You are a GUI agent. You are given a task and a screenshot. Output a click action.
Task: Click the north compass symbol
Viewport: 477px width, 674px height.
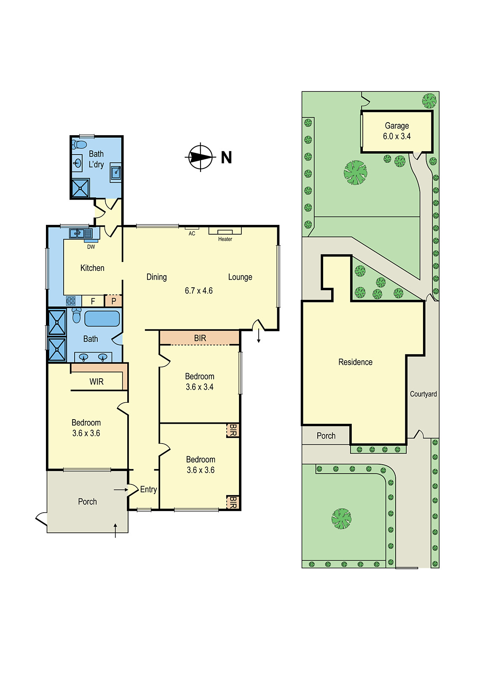201,157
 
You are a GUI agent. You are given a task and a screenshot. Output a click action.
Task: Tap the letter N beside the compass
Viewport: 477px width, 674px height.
226,157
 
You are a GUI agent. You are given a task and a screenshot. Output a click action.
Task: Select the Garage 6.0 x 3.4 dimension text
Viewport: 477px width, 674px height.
397,136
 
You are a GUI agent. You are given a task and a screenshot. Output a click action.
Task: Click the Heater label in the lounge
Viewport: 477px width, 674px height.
225,239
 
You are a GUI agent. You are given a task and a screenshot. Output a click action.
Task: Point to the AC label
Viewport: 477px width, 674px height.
192,233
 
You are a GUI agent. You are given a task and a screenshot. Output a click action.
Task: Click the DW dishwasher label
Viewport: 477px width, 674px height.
91,247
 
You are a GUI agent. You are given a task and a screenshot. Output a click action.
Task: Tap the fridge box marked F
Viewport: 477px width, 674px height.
93,301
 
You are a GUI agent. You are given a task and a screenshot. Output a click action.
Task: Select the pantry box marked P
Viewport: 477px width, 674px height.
113,301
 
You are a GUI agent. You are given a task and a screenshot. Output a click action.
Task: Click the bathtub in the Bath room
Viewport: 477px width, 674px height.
102,318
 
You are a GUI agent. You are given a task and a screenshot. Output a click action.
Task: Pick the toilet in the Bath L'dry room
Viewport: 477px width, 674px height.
79,145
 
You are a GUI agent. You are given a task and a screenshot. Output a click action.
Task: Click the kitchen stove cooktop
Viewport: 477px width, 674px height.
71,301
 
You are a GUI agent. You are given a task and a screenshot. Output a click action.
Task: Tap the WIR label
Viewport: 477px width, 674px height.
96,382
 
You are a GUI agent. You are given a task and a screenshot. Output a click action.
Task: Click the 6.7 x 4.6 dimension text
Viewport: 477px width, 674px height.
198,291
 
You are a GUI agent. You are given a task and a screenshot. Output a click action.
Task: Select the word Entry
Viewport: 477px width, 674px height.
148,489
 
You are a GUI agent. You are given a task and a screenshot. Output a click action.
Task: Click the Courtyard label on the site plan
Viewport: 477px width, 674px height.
423,394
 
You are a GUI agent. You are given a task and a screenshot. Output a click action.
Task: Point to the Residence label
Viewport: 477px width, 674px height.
355,362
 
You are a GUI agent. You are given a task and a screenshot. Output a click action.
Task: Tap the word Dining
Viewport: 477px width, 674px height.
156,277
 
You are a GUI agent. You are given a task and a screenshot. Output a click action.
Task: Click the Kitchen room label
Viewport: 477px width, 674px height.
92,268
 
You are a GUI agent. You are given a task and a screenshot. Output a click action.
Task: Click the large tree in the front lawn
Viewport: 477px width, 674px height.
341,519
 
